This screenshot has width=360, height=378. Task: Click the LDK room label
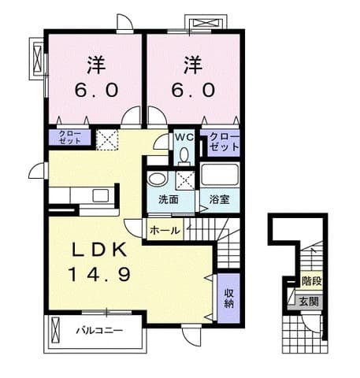(100, 250)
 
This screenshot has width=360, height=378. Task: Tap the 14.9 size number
(100, 274)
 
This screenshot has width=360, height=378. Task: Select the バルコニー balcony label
(99, 331)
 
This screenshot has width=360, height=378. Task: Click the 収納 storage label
(229, 298)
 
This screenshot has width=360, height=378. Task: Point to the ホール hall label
(165, 231)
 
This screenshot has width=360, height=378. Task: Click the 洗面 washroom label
(169, 199)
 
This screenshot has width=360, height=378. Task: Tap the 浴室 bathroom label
(219, 199)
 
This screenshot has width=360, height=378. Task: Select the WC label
(184, 137)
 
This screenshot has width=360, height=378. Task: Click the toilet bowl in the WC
(184, 155)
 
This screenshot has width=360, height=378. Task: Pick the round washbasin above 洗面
(158, 179)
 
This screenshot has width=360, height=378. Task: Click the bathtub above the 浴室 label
(220, 174)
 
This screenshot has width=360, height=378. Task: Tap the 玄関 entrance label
(309, 302)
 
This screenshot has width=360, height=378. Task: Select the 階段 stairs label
(312, 281)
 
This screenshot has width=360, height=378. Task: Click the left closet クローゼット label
(70, 137)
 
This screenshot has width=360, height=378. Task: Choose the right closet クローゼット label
(225, 142)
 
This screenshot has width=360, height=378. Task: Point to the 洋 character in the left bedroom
(96, 65)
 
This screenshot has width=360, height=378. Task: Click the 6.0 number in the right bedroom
(193, 90)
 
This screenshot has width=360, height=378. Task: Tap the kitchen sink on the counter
(100, 195)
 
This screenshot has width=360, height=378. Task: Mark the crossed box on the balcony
(56, 330)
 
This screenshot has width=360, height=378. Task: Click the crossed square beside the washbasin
(185, 180)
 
